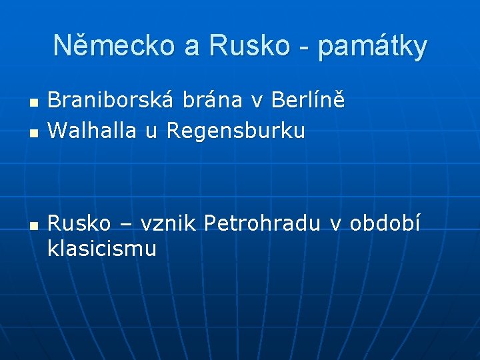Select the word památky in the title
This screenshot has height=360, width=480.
[x=373, y=47]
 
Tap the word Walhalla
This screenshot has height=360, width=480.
[x=93, y=131]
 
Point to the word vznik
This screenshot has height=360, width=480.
[x=170, y=222]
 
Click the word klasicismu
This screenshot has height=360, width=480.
[x=102, y=249]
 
